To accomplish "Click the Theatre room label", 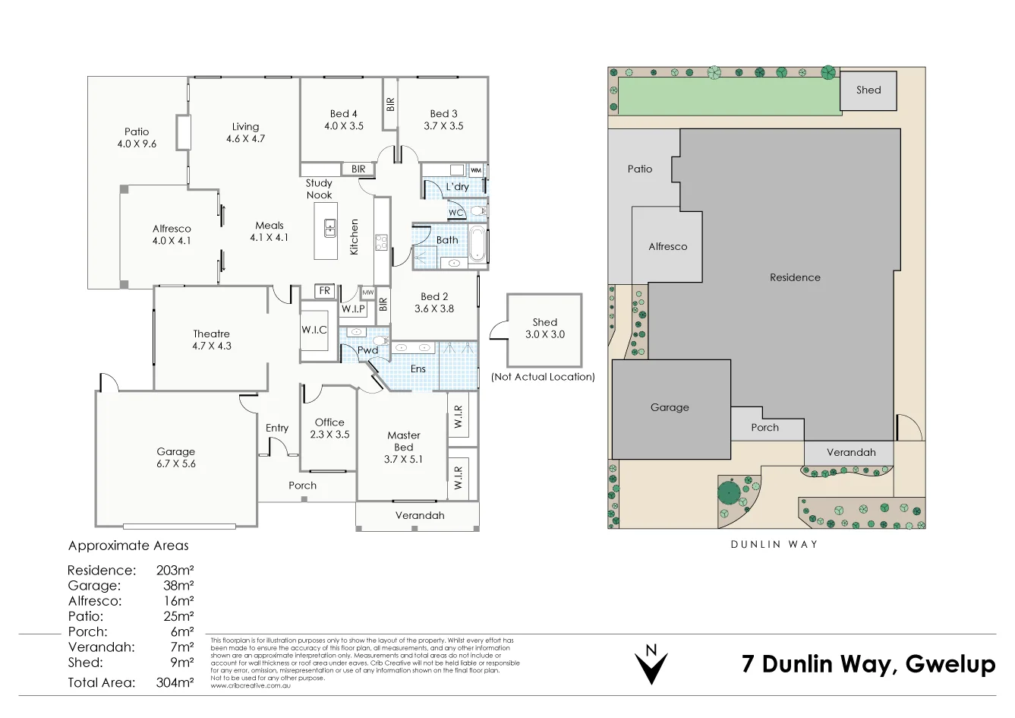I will pyautogui.click(x=211, y=334).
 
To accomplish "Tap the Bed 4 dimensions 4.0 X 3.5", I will pyautogui.click(x=344, y=126).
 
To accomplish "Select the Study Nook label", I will pyautogui.click(x=319, y=189).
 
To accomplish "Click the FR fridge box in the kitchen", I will pyautogui.click(x=325, y=291).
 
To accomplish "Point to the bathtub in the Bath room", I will pyautogui.click(x=477, y=243).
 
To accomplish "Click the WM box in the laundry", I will pyautogui.click(x=475, y=170).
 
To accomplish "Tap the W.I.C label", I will pyautogui.click(x=314, y=330).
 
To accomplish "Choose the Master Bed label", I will pyautogui.click(x=404, y=441).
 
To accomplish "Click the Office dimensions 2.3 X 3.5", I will pyautogui.click(x=329, y=435).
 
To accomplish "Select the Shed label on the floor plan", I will pyautogui.click(x=545, y=322).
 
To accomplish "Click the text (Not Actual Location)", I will pyautogui.click(x=543, y=377).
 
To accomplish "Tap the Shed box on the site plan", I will pyautogui.click(x=868, y=90).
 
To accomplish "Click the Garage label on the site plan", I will pyautogui.click(x=670, y=407).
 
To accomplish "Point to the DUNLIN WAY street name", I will pyautogui.click(x=774, y=544).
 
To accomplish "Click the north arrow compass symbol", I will pyautogui.click(x=651, y=665).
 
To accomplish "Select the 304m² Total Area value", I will pyautogui.click(x=175, y=682).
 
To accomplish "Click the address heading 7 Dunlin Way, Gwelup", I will pyautogui.click(x=868, y=664).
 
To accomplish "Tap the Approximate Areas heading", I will pyautogui.click(x=128, y=546).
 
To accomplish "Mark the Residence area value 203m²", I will pyautogui.click(x=175, y=570).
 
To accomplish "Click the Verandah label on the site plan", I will pyautogui.click(x=851, y=452).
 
